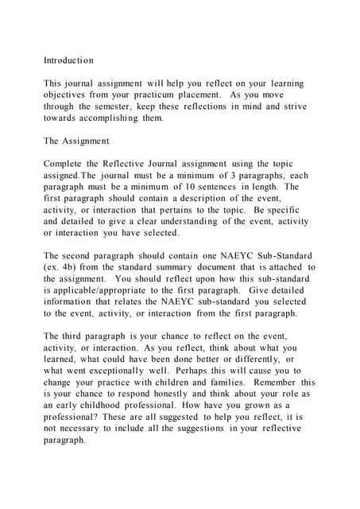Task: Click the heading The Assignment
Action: tap(76, 141)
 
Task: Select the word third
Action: tap(80, 336)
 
